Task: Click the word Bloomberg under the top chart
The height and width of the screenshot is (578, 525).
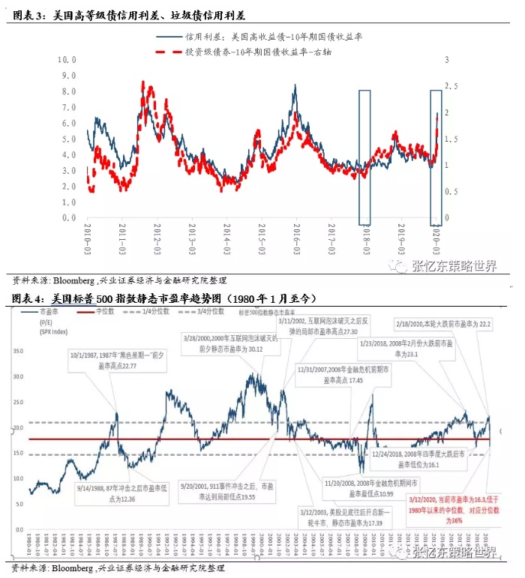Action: [73, 281]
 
